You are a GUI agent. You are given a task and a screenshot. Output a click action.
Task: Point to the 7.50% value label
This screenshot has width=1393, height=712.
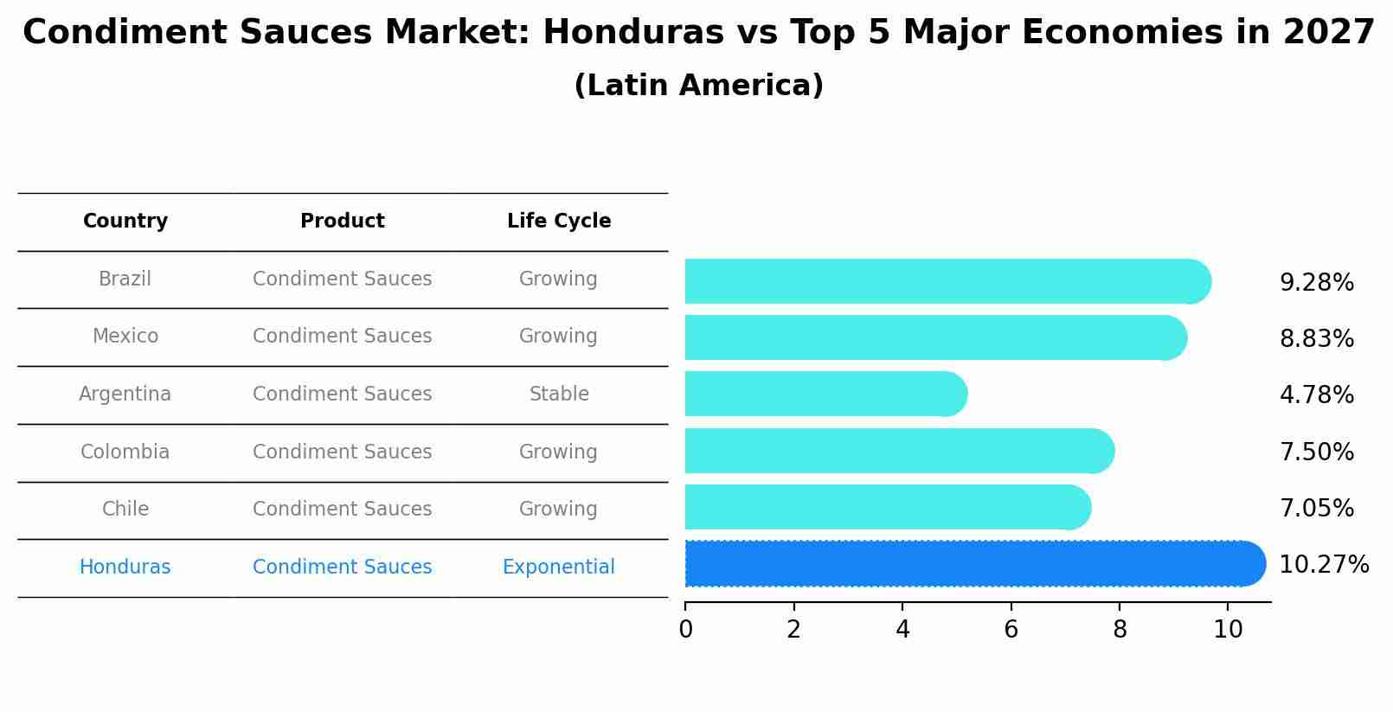(1316, 452)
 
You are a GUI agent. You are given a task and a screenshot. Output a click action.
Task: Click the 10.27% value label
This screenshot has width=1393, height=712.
(1323, 565)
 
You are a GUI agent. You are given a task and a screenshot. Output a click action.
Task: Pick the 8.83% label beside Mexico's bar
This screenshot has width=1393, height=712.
(1316, 338)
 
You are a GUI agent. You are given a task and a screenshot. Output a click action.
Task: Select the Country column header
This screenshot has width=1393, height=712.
(125, 221)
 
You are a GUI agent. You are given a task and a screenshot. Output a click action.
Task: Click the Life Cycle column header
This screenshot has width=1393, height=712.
(559, 221)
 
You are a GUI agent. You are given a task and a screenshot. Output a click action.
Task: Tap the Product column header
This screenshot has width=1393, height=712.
(342, 221)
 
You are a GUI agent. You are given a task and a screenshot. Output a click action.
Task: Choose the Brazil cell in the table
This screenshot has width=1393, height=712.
(125, 279)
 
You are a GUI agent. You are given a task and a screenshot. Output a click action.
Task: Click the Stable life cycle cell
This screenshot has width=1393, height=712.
(559, 394)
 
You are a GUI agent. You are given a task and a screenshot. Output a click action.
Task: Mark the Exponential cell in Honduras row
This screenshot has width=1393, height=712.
(558, 568)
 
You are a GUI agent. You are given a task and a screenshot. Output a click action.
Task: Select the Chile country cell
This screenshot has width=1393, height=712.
(125, 510)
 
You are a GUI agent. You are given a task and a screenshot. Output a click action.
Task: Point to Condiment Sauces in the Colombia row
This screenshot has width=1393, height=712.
(342, 452)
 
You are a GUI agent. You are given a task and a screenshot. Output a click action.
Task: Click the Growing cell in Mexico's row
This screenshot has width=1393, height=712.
(558, 337)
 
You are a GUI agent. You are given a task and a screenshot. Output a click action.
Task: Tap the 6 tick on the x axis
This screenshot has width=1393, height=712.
(1011, 630)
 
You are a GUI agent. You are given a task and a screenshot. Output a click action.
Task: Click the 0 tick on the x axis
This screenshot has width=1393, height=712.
(686, 630)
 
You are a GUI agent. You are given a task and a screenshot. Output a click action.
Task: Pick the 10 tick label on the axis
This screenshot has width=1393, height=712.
(1228, 630)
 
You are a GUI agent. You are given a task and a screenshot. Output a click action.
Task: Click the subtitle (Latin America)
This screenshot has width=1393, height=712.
(698, 86)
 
